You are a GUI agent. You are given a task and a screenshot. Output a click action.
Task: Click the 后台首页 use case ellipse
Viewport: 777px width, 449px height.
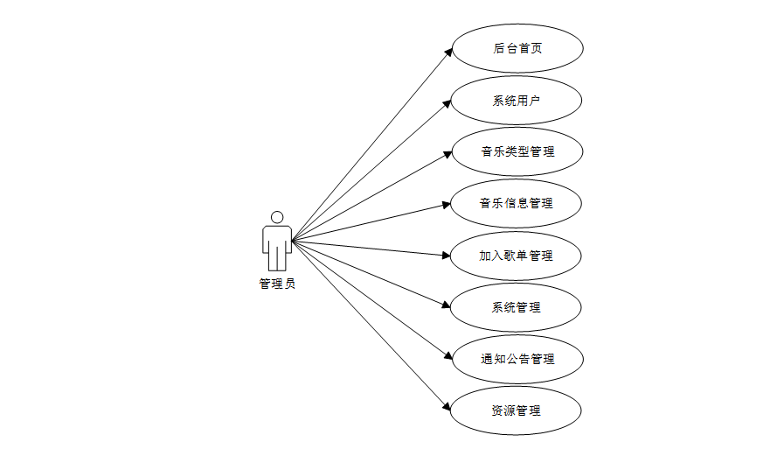click(517, 48)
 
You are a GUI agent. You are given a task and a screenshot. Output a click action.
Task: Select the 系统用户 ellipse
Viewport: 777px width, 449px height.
click(517, 100)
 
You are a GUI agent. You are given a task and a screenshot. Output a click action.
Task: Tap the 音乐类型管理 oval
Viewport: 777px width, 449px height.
click(517, 151)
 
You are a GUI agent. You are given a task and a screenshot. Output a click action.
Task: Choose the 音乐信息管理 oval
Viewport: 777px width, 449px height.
click(517, 203)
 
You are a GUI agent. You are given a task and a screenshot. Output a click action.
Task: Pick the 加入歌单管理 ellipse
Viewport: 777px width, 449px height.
click(517, 256)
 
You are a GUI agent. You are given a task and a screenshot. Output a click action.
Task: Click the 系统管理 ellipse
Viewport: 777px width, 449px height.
click(517, 307)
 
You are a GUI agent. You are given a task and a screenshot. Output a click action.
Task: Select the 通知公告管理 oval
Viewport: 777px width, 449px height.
click(517, 359)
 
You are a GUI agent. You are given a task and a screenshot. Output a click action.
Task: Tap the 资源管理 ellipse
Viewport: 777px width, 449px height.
click(517, 410)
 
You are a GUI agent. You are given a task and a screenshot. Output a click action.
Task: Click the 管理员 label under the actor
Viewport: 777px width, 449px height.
click(277, 284)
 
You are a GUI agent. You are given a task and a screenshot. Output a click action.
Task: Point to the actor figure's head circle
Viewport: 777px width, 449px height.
click(277, 217)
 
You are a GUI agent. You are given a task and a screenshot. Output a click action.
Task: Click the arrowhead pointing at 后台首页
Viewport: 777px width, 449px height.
click(447, 53)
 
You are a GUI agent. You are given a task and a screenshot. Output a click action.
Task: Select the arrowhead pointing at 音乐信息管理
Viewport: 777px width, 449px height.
click(446, 205)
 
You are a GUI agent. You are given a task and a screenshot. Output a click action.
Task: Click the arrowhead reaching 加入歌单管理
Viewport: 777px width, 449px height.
click(446, 256)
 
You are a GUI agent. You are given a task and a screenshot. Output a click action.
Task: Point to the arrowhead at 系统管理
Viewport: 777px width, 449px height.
click(446, 305)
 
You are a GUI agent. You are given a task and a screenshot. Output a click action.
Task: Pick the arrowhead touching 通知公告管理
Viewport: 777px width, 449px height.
click(447, 356)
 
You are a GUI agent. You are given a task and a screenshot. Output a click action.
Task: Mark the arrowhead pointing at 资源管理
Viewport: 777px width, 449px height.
click(447, 407)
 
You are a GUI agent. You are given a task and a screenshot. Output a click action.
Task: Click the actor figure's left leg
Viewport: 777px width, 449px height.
click(272, 258)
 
